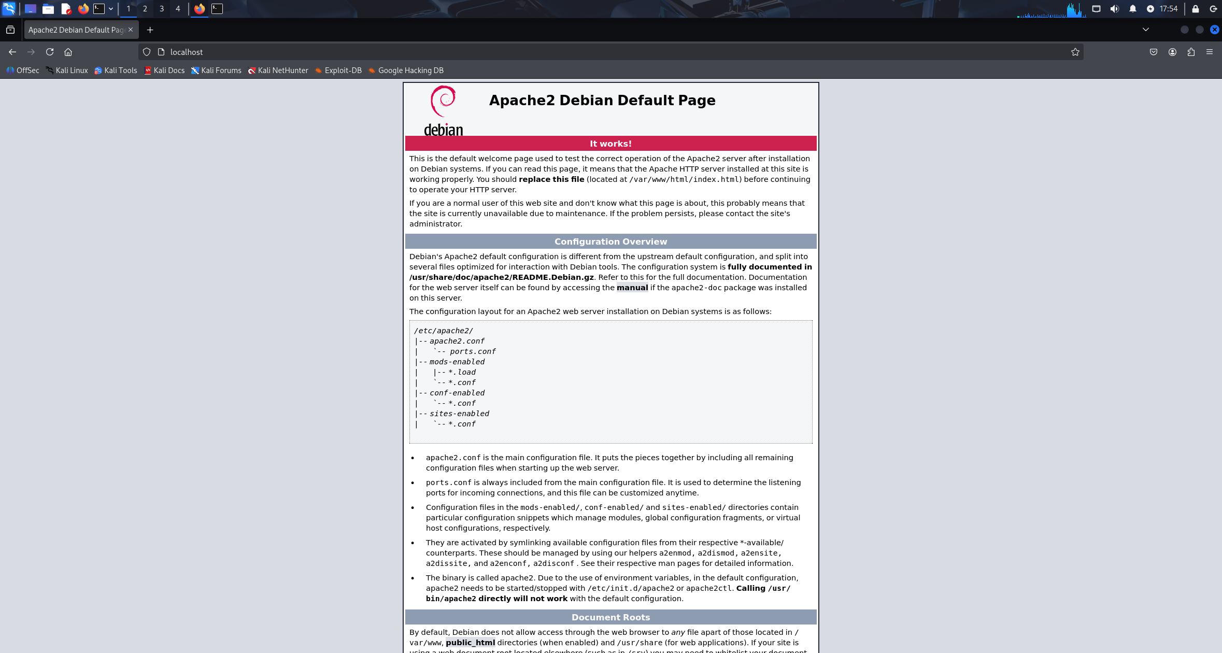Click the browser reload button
pos(50,52)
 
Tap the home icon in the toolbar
pos(68,52)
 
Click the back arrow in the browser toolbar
pos(12,52)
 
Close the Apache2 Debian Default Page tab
pos(131,30)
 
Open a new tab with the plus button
pos(150,30)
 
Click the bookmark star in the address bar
pos(1075,52)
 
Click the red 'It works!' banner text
pos(610,144)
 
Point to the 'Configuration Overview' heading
pos(610,242)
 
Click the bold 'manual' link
pos(632,288)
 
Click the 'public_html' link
pos(470,643)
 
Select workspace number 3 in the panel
pos(162,9)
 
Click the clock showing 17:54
pos(1168,9)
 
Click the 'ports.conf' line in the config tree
pos(472,351)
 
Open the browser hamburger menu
pos(1210,52)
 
